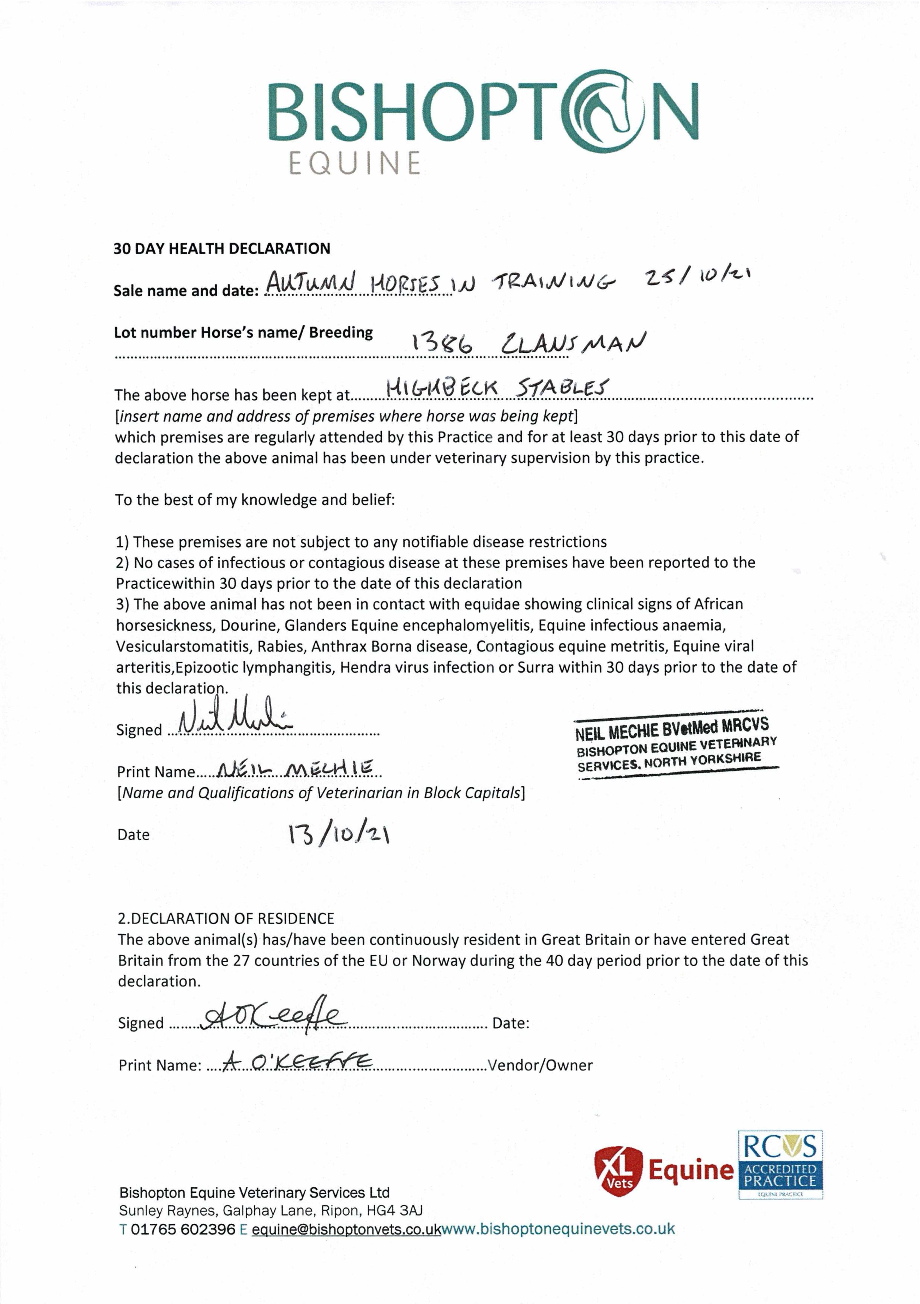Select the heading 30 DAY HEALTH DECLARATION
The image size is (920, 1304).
[x=221, y=249]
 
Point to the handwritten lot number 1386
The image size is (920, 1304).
[x=442, y=343]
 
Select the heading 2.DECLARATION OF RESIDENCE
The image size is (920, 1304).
[x=226, y=918]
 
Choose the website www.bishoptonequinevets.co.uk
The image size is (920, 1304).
[x=558, y=1229]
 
